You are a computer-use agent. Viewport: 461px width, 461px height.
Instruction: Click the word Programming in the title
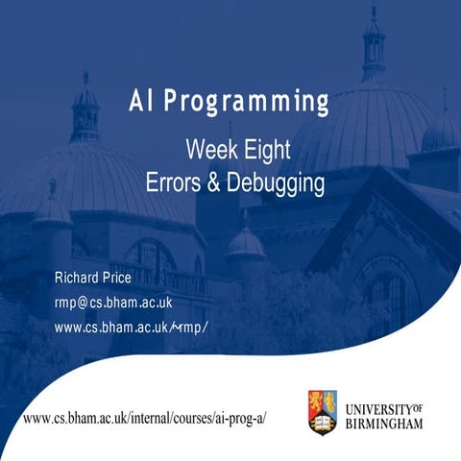[251, 103]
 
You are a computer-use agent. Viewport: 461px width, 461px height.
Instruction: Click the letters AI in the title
[141, 102]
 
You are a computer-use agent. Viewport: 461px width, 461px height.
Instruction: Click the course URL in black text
[144, 419]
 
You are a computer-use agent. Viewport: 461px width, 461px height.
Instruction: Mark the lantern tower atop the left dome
[85, 110]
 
